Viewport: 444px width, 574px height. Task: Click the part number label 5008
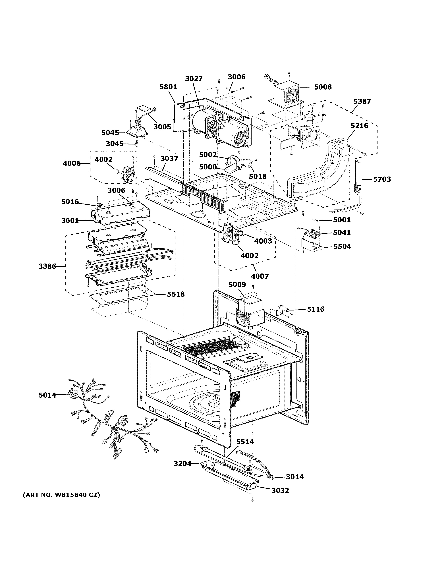[323, 87]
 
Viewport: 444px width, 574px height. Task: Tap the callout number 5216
[359, 126]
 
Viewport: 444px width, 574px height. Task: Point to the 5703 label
[382, 179]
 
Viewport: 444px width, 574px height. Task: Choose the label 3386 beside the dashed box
[47, 266]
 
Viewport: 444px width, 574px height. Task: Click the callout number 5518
[176, 294]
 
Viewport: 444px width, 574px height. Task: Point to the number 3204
[182, 464]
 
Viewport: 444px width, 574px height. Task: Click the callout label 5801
[168, 87]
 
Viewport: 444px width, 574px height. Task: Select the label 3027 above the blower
[194, 79]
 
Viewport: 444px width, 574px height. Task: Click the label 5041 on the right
[342, 232]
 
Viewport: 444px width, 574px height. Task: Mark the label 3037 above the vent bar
[169, 159]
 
